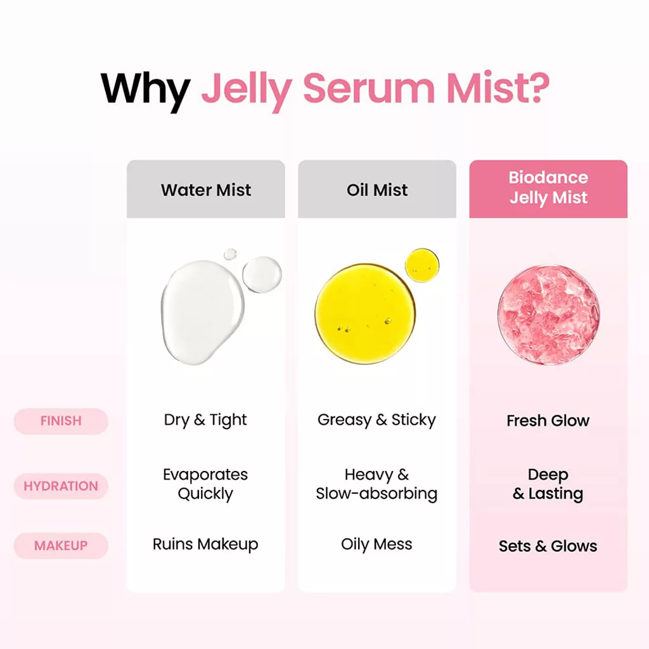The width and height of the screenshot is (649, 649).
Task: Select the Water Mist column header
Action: [206, 190]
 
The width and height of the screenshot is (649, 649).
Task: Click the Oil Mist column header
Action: [377, 190]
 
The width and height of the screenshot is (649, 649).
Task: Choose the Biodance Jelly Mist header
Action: [548, 188]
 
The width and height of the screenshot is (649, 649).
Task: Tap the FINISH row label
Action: [61, 421]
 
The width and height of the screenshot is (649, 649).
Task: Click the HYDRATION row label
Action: [61, 486]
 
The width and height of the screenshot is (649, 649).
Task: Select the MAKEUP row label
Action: [61, 546]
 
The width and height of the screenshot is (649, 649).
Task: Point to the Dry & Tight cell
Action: [205, 420]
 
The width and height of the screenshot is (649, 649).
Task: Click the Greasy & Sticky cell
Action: [376, 420]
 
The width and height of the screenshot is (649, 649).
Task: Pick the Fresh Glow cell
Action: [548, 421]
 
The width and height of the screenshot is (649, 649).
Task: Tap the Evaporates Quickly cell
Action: [205, 484]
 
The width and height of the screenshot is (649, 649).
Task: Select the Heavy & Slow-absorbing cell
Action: [376, 484]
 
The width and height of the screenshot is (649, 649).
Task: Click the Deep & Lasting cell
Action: [548, 484]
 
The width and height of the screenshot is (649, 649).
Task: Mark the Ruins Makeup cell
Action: [205, 544]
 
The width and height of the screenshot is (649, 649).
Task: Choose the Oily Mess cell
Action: [376, 544]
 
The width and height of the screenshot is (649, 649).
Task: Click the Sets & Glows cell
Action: [548, 546]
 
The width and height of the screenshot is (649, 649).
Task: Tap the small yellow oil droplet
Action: [421, 266]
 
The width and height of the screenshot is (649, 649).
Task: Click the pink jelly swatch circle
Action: [549, 315]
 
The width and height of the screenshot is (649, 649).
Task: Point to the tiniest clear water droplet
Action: [231, 254]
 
